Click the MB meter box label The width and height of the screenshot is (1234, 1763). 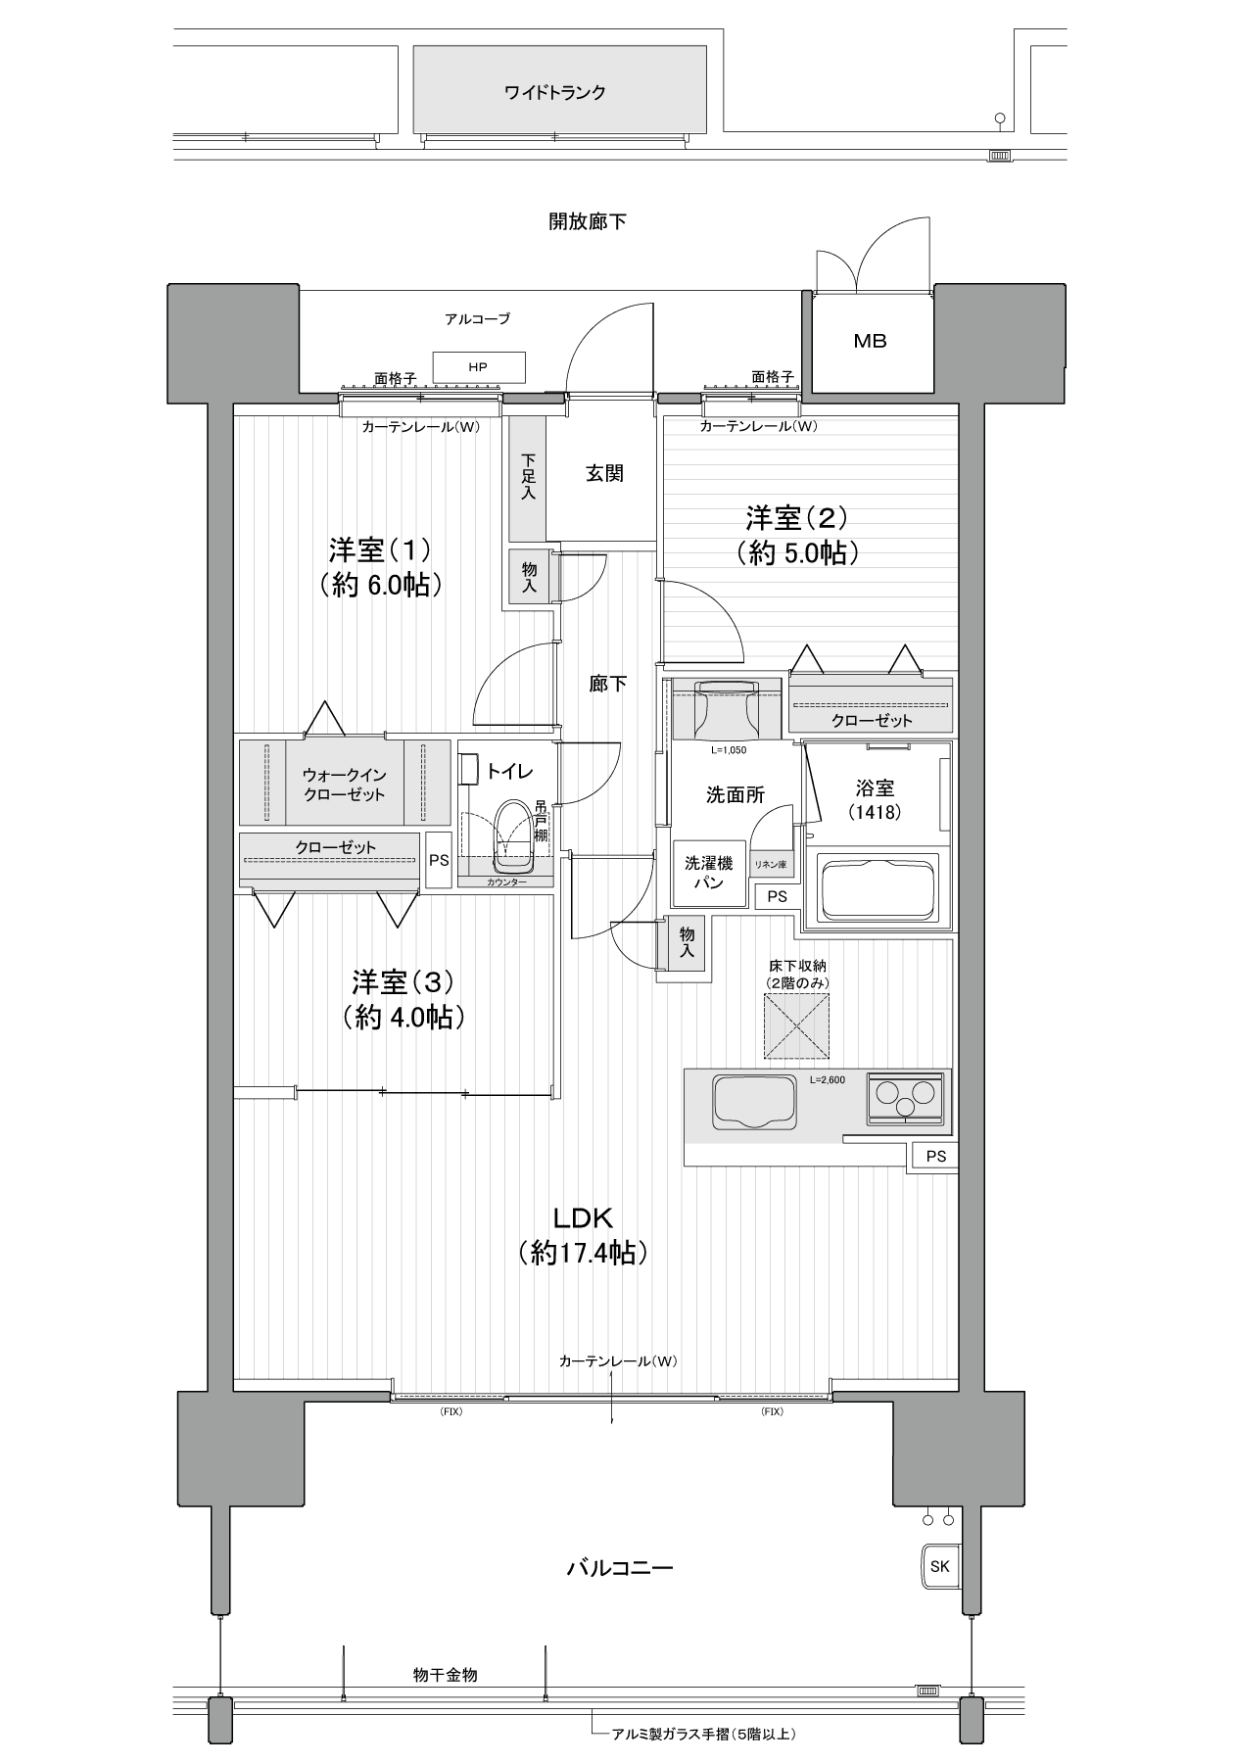pos(870,341)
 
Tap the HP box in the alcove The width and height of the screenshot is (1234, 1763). pos(478,367)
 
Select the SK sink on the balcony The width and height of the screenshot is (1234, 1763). pos(939,1566)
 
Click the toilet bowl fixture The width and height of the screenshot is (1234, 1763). pos(513,836)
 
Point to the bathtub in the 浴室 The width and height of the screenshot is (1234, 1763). pos(877,888)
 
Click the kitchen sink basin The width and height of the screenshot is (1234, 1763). pos(755,1101)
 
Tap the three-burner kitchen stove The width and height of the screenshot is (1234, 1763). pos(906,1096)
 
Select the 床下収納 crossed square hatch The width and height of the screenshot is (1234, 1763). pos(796,1025)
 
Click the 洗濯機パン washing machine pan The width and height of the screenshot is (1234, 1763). pos(709,873)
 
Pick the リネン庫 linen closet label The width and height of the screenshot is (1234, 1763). pos(770,865)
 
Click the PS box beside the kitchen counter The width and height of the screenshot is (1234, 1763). pos(936,1156)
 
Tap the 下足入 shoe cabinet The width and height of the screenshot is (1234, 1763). pos(528,477)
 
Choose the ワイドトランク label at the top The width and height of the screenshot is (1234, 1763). pos(555,93)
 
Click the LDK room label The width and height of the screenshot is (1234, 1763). pos(584,1217)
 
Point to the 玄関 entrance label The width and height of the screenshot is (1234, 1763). pos(605,474)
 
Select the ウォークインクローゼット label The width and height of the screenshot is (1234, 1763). pos(344,784)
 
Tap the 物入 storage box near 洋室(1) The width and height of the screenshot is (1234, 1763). pos(529,576)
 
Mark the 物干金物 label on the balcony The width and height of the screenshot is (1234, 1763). pos(446,1675)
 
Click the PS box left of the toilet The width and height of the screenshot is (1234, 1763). pos(439,860)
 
